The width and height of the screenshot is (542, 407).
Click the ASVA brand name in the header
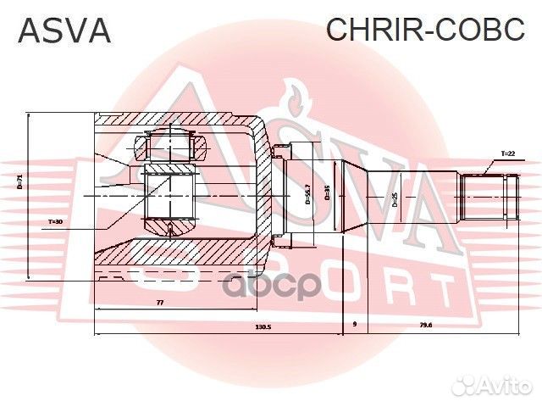(x=64, y=31)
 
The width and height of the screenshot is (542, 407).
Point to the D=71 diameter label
(x=19, y=181)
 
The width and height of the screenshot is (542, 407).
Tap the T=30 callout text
(x=55, y=221)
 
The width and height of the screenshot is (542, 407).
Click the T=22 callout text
(x=507, y=153)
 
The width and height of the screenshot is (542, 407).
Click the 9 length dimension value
(x=354, y=326)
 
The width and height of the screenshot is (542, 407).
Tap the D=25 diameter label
(x=395, y=200)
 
